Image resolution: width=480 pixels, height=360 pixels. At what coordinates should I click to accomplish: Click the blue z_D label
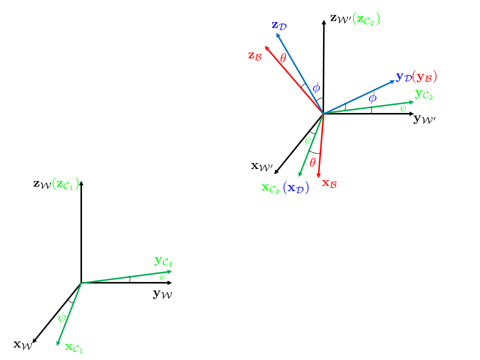click(279, 25)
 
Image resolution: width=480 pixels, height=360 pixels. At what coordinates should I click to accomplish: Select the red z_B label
click(255, 55)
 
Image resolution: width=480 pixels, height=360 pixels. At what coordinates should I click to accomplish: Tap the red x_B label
click(329, 183)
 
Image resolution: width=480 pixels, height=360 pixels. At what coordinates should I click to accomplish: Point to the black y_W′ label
click(424, 119)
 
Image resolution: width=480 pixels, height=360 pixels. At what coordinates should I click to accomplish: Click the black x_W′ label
click(261, 166)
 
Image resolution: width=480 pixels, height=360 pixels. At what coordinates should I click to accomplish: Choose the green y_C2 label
click(424, 94)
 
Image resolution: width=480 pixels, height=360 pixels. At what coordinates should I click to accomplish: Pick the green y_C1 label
click(163, 261)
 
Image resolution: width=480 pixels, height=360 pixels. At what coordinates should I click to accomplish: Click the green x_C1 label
click(74, 348)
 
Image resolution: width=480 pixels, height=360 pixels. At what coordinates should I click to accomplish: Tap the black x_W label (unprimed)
click(23, 345)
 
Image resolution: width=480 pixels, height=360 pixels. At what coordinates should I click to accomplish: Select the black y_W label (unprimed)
click(162, 294)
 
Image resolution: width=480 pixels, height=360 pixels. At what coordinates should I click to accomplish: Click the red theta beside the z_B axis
click(283, 58)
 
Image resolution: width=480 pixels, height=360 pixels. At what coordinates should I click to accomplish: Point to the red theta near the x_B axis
click(312, 162)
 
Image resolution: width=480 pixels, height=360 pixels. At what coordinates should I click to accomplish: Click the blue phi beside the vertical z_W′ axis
click(316, 88)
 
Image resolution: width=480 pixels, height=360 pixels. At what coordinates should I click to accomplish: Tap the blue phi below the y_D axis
click(372, 98)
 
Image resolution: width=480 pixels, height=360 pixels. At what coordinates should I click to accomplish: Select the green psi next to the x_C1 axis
click(61, 317)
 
